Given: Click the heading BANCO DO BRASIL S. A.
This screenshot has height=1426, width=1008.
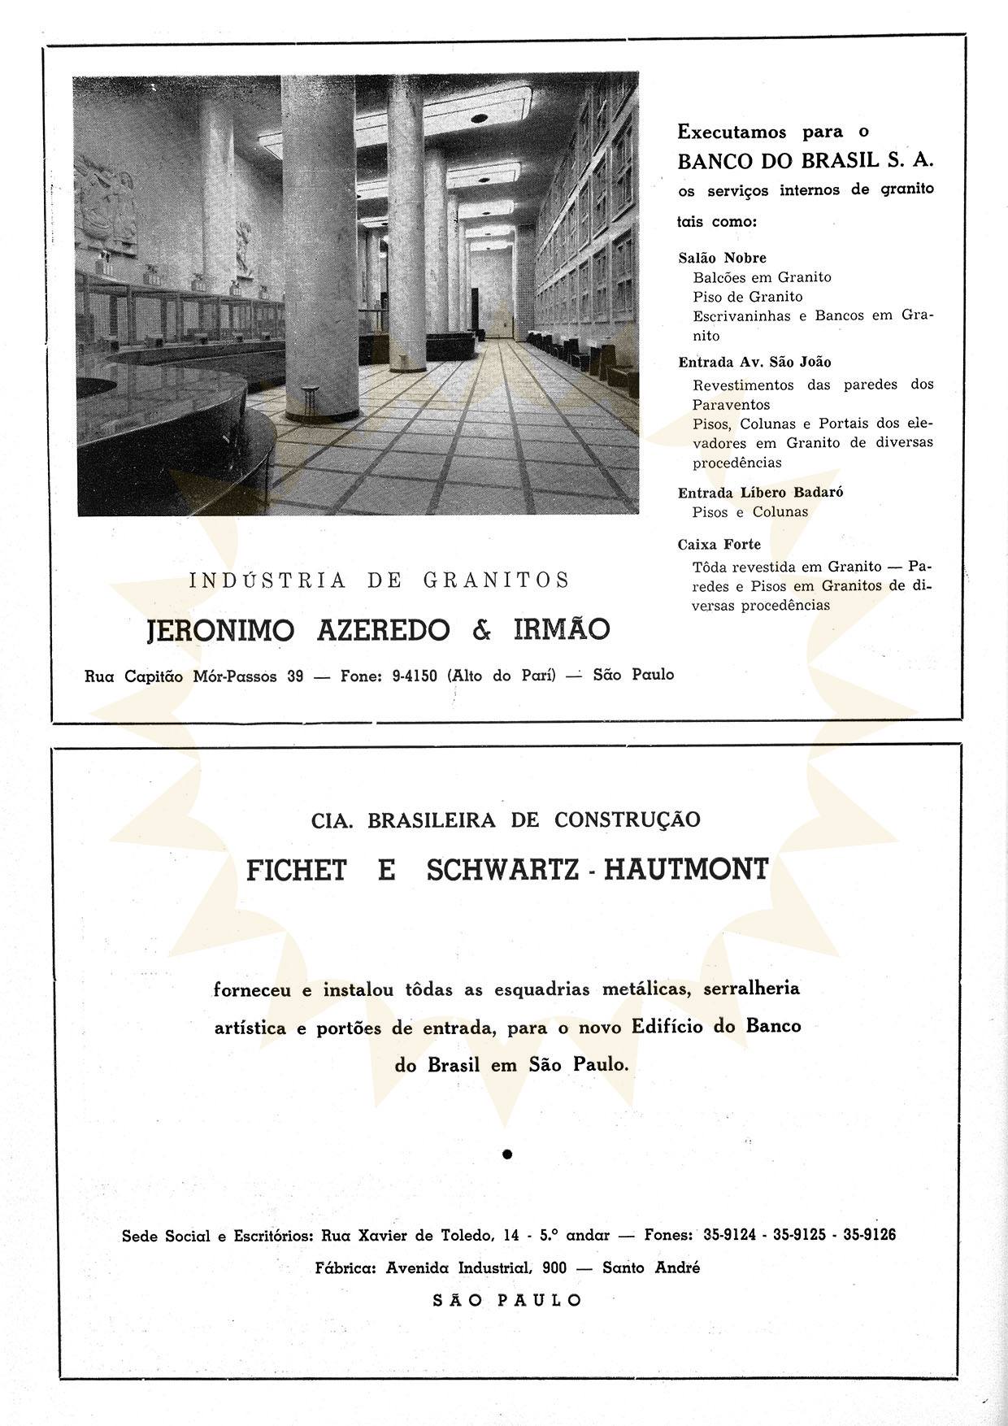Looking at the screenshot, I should tap(805, 160).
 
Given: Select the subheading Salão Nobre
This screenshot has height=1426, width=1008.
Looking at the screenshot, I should tap(722, 258).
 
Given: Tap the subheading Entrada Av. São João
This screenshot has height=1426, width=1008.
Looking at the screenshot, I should tap(754, 362).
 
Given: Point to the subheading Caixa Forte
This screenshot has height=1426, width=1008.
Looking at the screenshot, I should tap(719, 544).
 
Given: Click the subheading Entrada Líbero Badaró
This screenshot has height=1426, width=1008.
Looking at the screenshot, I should tap(760, 492).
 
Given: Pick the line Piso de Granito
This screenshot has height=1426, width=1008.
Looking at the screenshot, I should tap(747, 297).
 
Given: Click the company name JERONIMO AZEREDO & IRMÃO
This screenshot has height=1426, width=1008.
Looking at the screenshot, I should tap(378, 630).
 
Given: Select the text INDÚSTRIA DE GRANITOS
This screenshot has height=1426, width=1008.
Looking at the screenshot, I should tap(379, 580).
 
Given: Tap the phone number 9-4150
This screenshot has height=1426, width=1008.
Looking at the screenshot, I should tap(414, 676).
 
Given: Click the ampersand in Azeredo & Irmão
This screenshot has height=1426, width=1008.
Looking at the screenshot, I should tap(481, 630).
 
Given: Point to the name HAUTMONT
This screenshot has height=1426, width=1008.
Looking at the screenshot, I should tap(686, 869).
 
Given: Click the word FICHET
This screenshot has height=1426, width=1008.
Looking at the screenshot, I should tap(296, 870).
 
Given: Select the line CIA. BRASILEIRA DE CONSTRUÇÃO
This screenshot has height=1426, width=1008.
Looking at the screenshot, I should tap(505, 820).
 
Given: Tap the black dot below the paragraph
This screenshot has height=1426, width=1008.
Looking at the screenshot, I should tap(507, 1153).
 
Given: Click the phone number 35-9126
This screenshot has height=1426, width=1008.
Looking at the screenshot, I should tap(869, 1234).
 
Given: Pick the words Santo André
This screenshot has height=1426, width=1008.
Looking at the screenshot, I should tap(650, 1267).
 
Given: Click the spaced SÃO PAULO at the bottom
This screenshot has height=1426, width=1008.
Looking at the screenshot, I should tap(507, 1300).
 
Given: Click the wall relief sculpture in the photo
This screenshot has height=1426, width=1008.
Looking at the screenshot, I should tap(104, 199).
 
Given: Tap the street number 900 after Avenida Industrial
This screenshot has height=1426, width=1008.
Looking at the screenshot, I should tap(554, 1267).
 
